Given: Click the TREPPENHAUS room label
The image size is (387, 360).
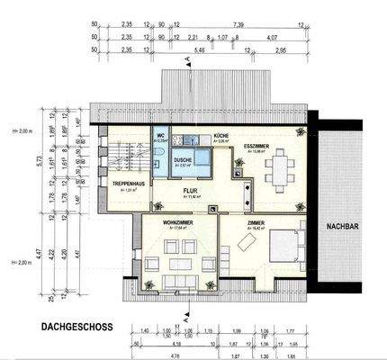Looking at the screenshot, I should point(130,183).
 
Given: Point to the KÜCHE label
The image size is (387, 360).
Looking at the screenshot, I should point(221,136).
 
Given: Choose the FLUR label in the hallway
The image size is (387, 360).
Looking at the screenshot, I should point(190,191).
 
